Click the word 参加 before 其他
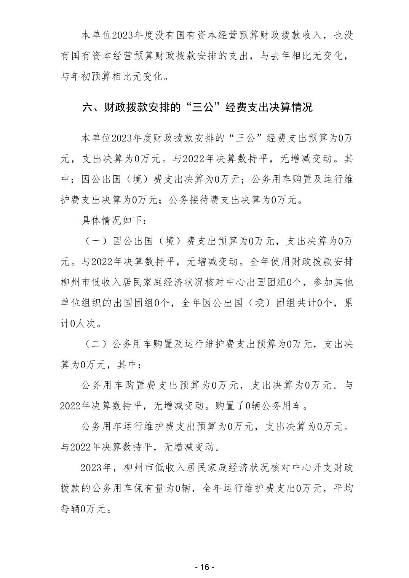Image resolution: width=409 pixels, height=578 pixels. tap(322, 283)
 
